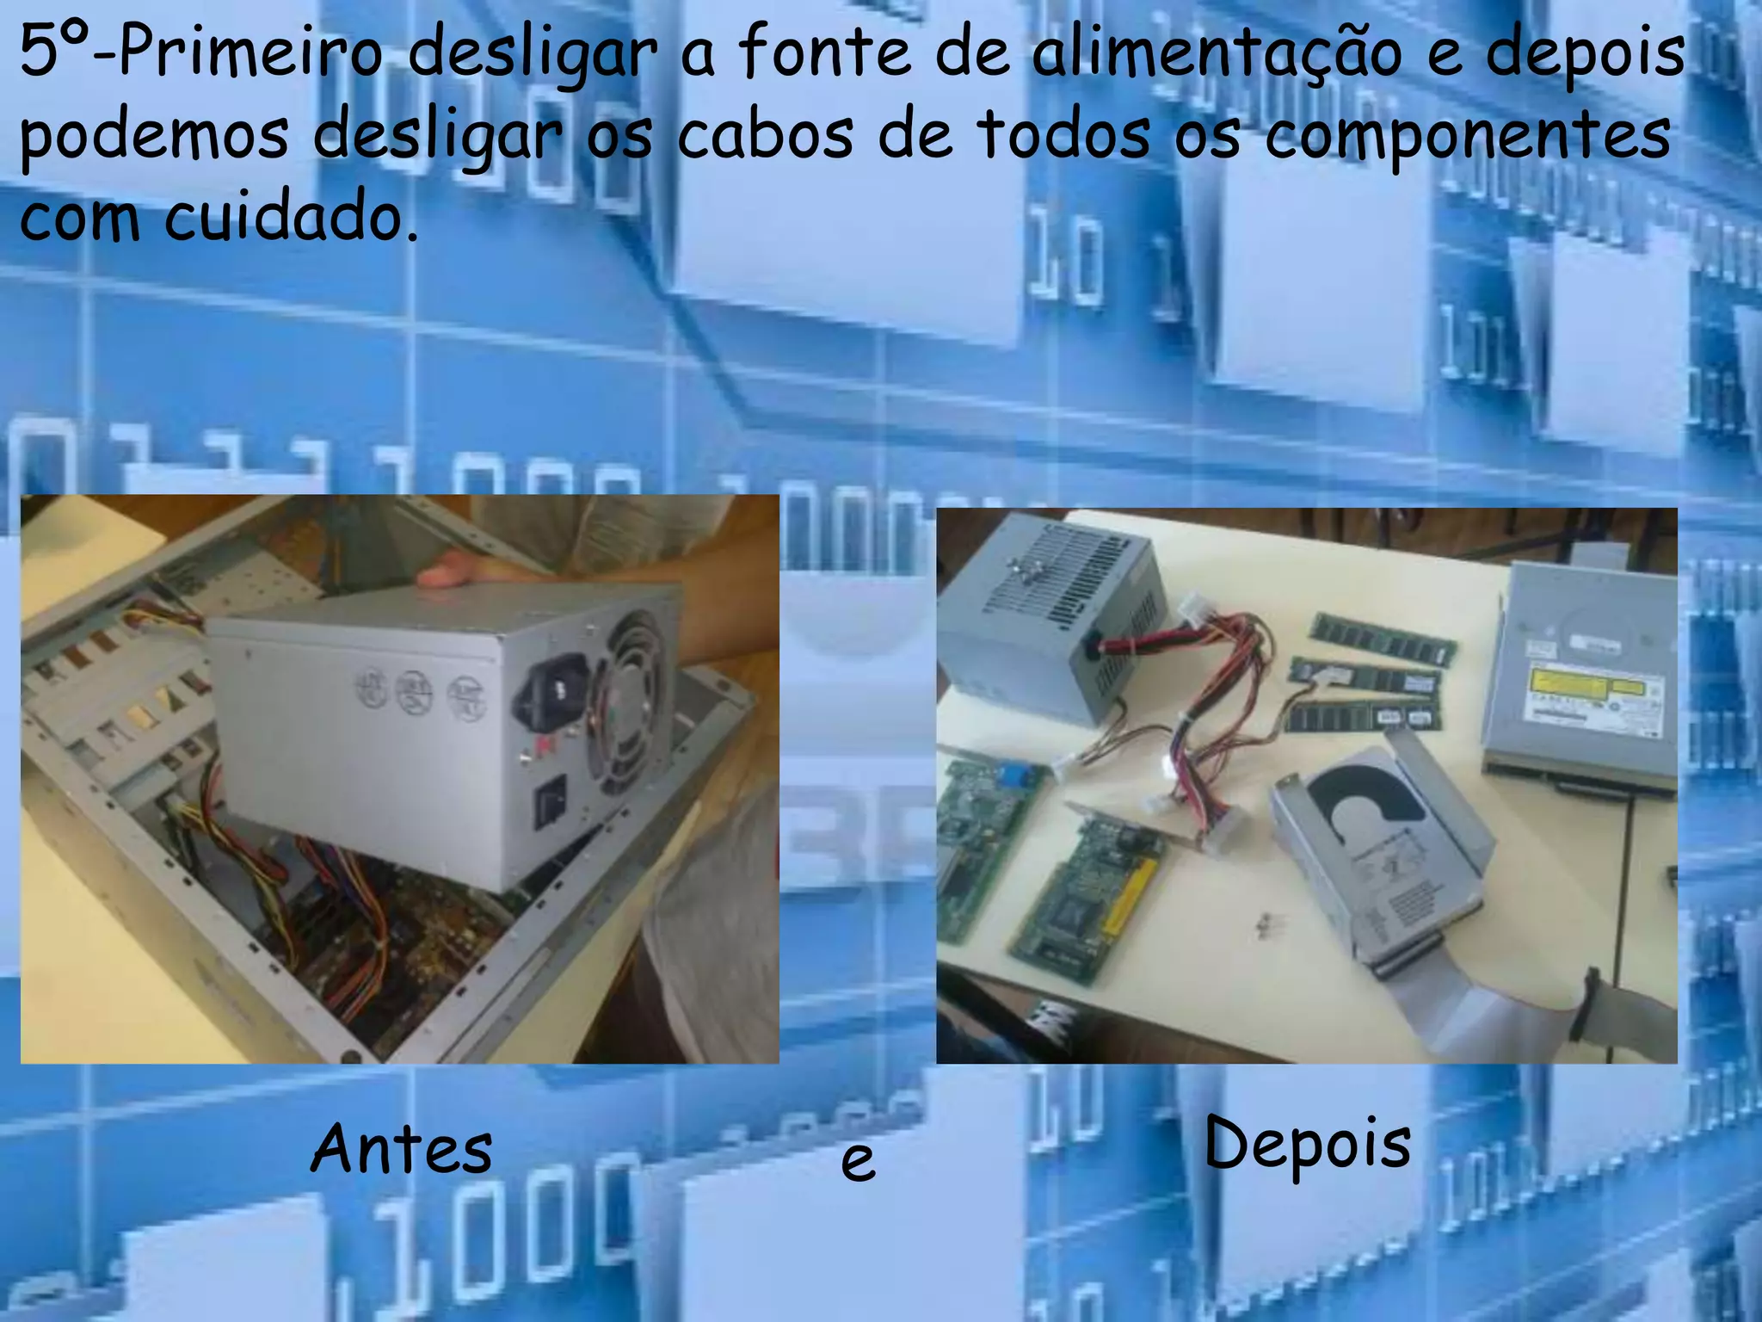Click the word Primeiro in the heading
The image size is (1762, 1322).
[x=250, y=53]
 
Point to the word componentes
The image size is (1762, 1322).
[x=1467, y=135]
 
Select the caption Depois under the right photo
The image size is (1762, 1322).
[x=1307, y=1144]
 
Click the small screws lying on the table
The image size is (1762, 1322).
[x=1263, y=924]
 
